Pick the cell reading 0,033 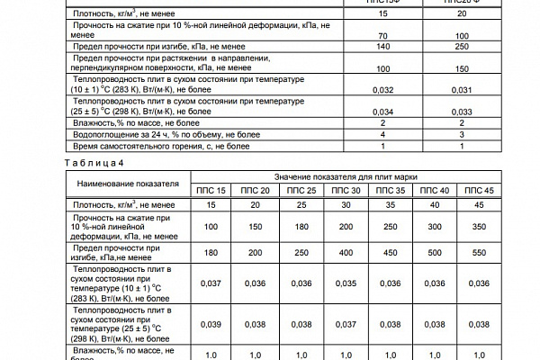(462, 112)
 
